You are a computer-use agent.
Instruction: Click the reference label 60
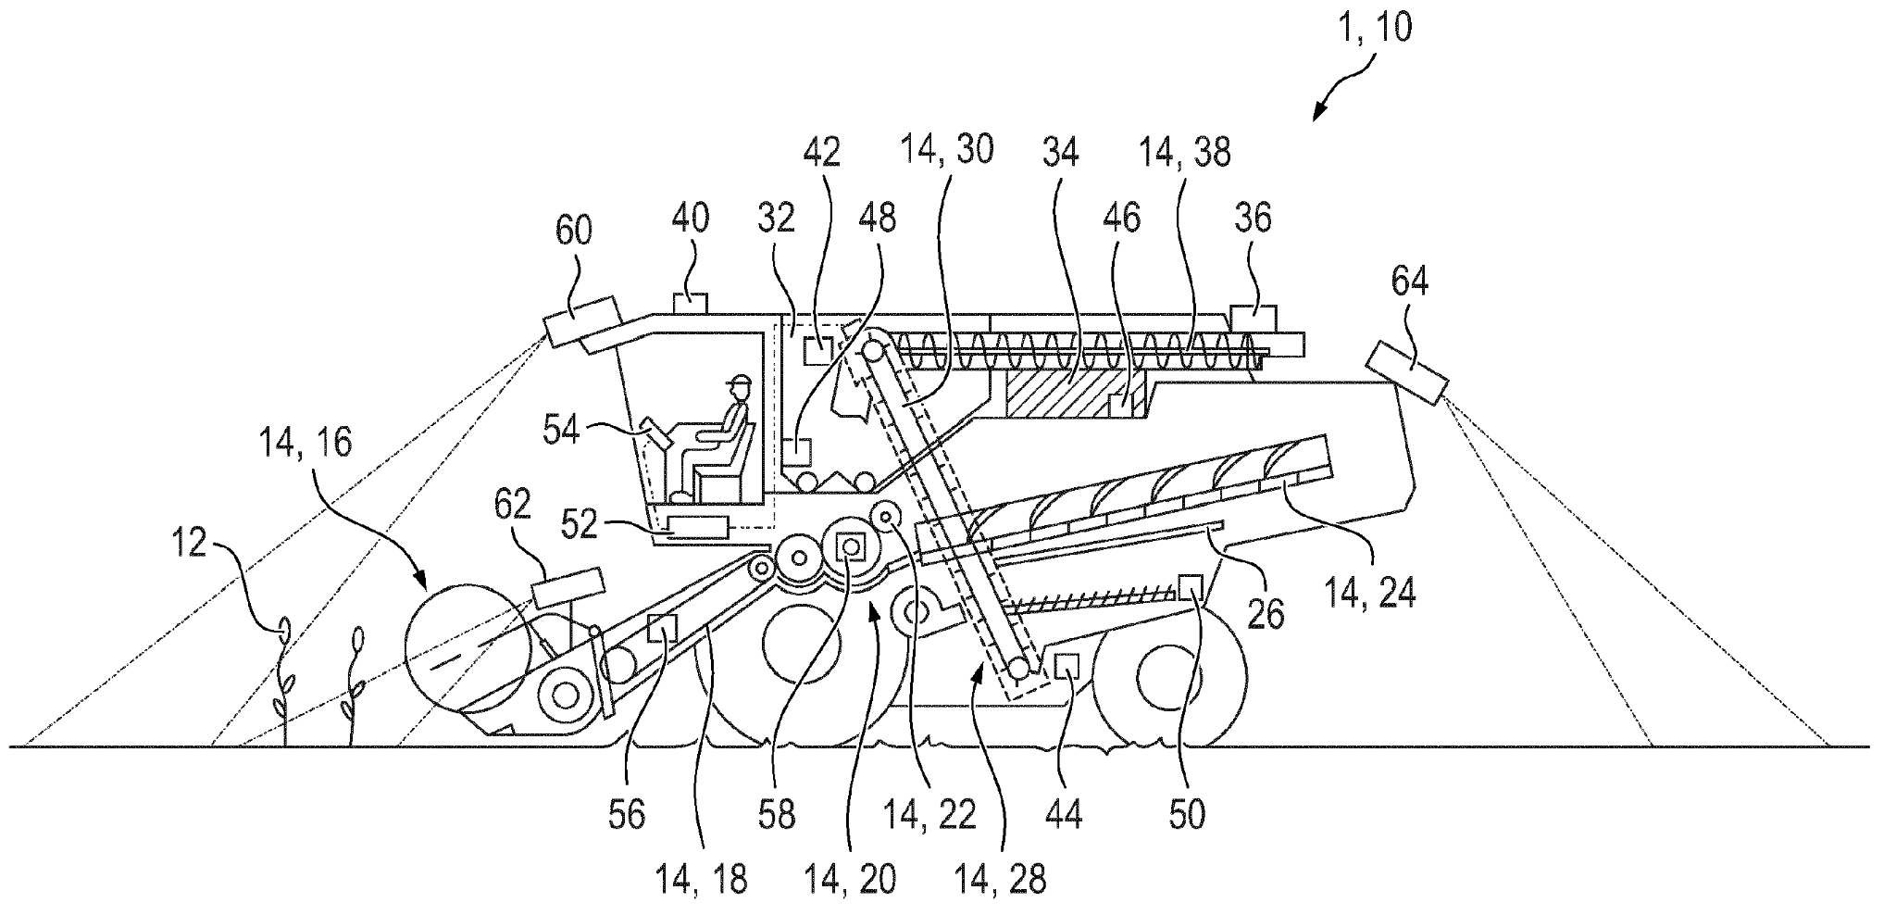click(572, 232)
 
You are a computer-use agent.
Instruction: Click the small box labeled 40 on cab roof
click(689, 303)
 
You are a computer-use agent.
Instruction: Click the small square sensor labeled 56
click(662, 628)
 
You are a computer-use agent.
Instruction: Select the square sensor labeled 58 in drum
click(849, 547)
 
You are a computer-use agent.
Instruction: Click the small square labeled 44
click(1068, 665)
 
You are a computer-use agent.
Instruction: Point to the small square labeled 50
click(1190, 586)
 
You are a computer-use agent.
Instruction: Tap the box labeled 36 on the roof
click(1253, 319)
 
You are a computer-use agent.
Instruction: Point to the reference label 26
click(1266, 612)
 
